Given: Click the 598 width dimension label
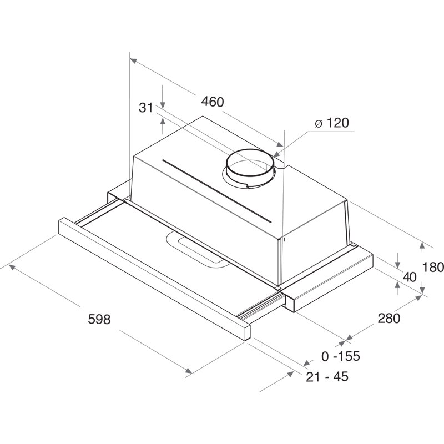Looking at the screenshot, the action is (99, 319).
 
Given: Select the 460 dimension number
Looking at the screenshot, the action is (213, 102).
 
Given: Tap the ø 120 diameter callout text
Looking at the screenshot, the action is (332, 123).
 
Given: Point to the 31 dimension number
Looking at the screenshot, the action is (146, 108).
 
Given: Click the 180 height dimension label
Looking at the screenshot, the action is (433, 267).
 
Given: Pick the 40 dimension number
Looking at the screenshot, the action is (410, 277).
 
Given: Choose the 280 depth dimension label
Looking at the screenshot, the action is (389, 318).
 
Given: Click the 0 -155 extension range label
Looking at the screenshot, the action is (341, 356).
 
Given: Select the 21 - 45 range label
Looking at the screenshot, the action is (327, 377).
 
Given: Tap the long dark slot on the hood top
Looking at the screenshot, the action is (217, 191).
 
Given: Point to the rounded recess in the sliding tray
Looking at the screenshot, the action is (198, 250).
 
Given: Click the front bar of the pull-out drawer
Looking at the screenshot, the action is (154, 279).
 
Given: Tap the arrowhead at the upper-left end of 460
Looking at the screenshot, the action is (134, 61).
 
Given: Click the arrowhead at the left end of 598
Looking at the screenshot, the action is (12, 267).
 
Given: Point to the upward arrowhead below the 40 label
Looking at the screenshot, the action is (398, 285).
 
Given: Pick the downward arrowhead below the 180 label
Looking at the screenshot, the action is (422, 290).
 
